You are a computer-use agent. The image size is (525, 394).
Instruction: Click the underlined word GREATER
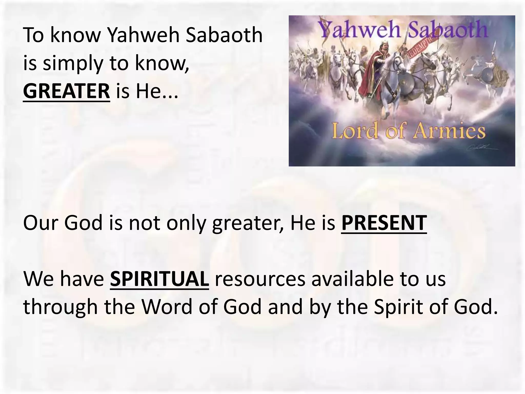(66, 91)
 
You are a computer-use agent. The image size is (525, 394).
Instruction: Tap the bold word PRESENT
(384, 223)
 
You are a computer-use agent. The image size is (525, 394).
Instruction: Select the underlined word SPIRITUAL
(159, 279)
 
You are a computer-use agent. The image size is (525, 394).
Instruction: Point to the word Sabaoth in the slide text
(224, 35)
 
